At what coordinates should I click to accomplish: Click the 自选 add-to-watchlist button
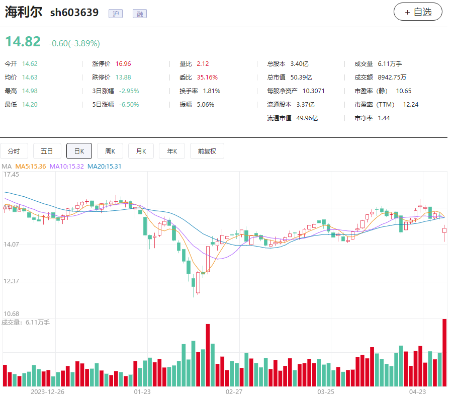tap(418, 12)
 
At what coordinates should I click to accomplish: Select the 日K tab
tap(79, 151)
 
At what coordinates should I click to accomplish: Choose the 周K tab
tap(110, 151)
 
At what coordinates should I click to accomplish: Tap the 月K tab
tap(141, 151)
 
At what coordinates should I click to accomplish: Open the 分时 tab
tap(14, 151)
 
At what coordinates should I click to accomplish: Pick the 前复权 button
tap(207, 151)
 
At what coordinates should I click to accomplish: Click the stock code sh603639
tap(74, 13)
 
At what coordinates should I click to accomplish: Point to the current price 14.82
tap(23, 42)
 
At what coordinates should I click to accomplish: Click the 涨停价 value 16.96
tap(123, 64)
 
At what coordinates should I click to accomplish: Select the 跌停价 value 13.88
tap(123, 77)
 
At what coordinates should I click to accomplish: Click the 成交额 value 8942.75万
tap(392, 77)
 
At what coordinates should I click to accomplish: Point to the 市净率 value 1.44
tap(384, 118)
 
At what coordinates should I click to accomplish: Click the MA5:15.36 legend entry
tap(31, 166)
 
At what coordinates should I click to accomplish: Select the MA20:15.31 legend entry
tap(104, 166)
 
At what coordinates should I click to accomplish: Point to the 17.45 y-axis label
tap(11, 175)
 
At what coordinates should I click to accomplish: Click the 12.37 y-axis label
tap(11, 281)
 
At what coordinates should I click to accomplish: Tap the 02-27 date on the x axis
tap(234, 391)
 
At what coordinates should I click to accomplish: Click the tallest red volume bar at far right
tap(444, 352)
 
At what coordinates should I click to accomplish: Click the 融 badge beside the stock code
tap(140, 14)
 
